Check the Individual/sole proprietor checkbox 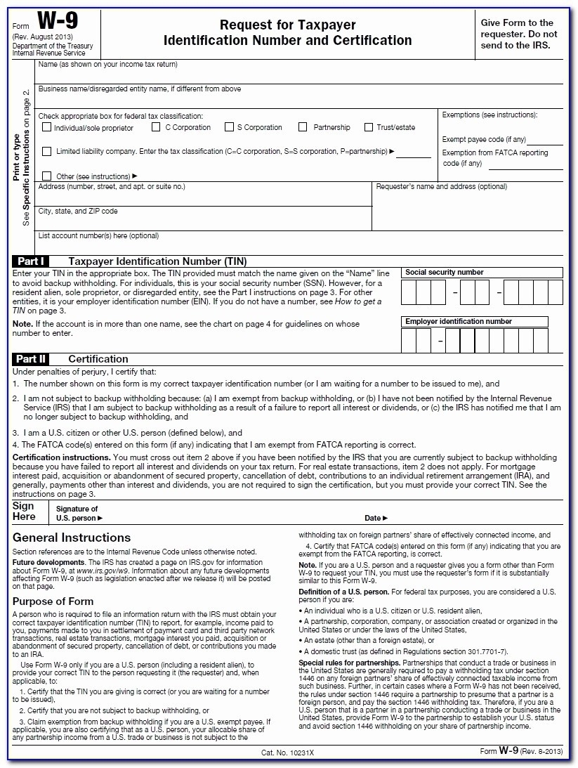click(47, 128)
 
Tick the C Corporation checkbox click(157, 127)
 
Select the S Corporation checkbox click(229, 127)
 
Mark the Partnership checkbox click(303, 127)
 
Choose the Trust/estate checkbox click(369, 127)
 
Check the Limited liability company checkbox click(47, 151)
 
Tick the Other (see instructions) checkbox click(47, 176)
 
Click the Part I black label click(31, 261)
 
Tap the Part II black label click(31, 358)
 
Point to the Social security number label click(445, 273)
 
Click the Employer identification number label click(459, 322)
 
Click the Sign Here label click(24, 511)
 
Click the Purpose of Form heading click(53, 601)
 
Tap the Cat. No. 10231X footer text click(288, 752)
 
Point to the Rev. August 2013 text click(43, 37)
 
